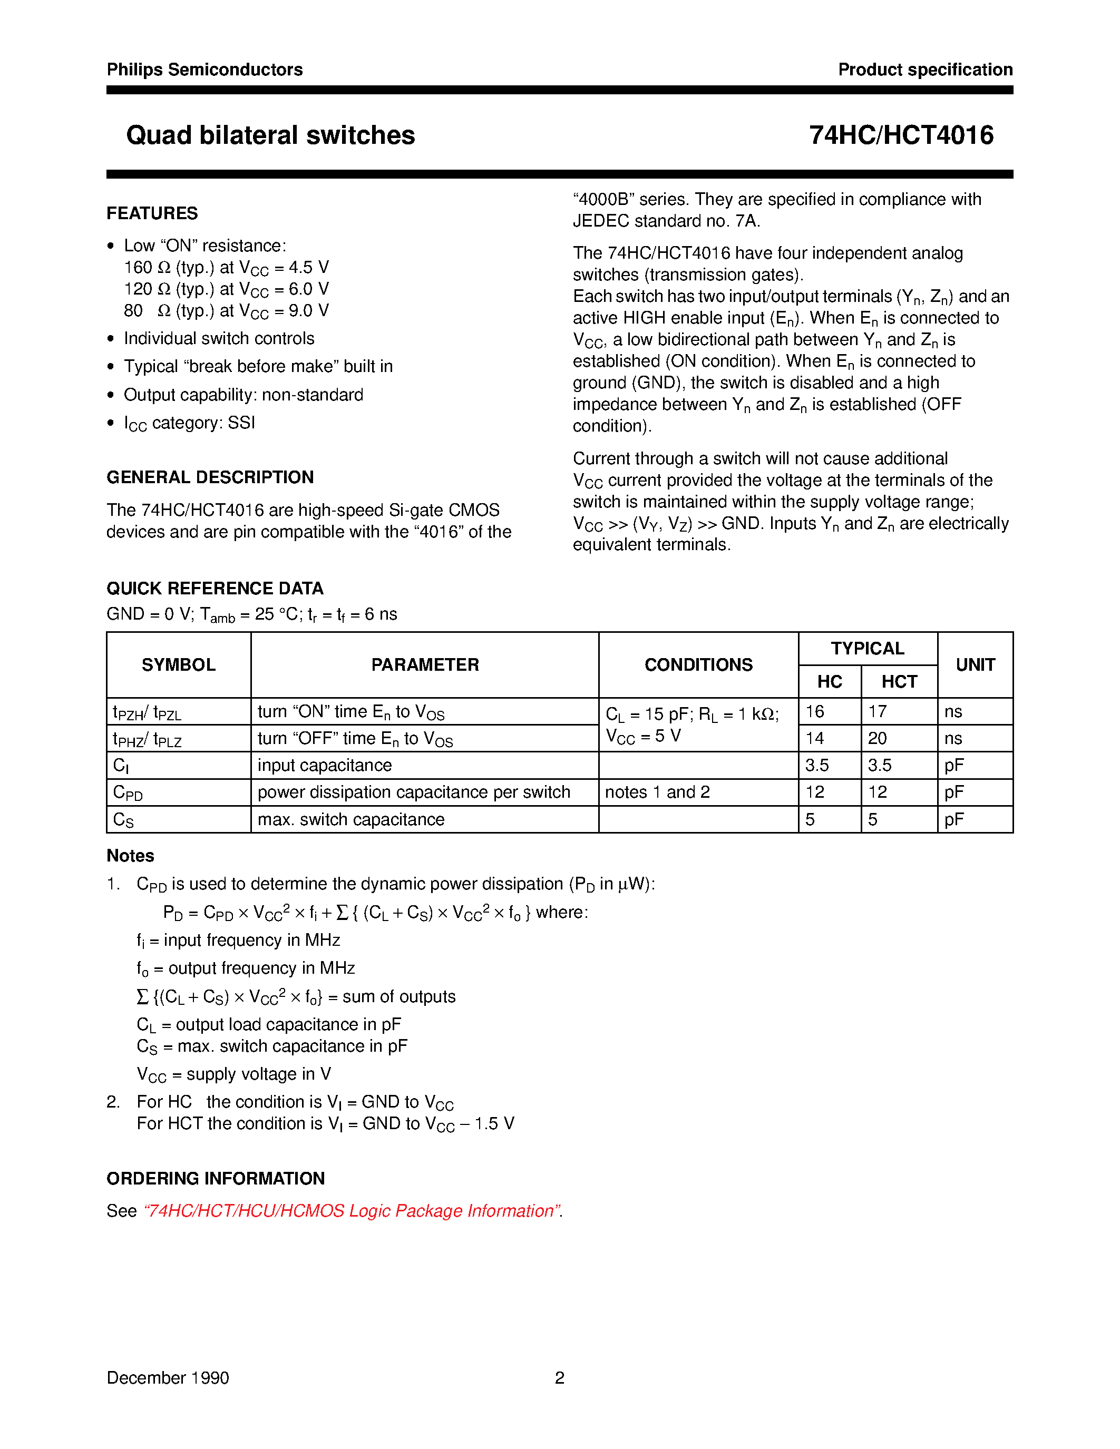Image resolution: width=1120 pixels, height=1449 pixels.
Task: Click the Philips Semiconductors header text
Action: (x=204, y=70)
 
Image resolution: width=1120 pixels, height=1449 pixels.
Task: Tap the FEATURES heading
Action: (x=152, y=213)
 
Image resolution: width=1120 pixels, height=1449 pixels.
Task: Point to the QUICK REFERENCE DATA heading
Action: (x=215, y=589)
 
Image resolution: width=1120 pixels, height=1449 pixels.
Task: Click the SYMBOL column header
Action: (x=179, y=665)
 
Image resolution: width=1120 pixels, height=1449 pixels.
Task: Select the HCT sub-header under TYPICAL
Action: (x=899, y=682)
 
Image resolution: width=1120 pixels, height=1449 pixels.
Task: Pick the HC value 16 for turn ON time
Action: (x=815, y=712)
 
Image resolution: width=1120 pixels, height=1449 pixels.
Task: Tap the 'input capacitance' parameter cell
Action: (x=325, y=766)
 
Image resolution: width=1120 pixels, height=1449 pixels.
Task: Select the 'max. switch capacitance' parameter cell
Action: (x=350, y=820)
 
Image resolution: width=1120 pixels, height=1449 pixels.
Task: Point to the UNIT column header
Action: (x=975, y=665)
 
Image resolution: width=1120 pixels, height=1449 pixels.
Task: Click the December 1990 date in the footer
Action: (x=168, y=1378)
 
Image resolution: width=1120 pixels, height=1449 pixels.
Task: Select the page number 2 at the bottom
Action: (x=559, y=1378)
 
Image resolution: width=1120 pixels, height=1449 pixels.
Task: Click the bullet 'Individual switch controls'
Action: (x=219, y=338)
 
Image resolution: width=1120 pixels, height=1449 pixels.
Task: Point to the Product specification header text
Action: (x=925, y=70)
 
